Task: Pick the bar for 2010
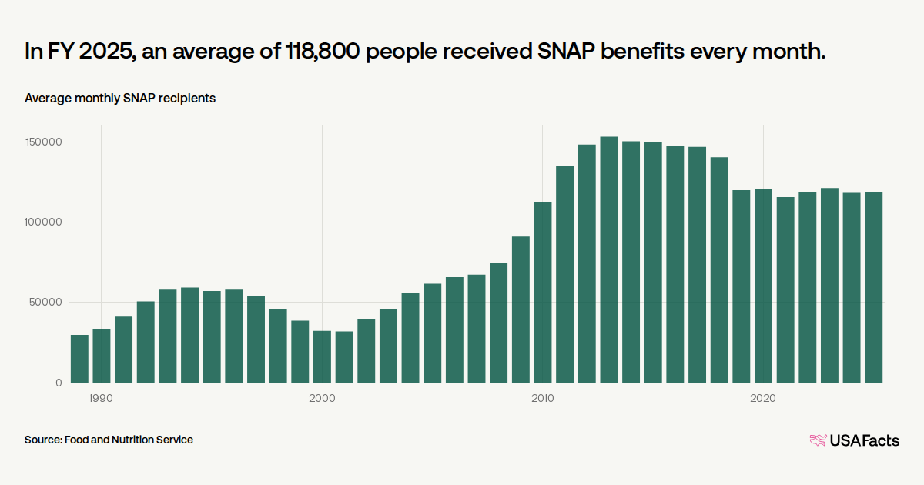pyautogui.click(x=543, y=292)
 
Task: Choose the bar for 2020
pyautogui.click(x=763, y=286)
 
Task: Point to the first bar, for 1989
pyautogui.click(x=79, y=359)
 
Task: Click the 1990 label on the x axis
pyautogui.click(x=101, y=398)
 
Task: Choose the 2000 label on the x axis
pyautogui.click(x=322, y=398)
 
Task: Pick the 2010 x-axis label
pyautogui.click(x=542, y=398)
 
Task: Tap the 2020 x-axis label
pyautogui.click(x=763, y=398)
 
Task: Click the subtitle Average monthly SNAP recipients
pyautogui.click(x=120, y=99)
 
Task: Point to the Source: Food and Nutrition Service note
pyautogui.click(x=109, y=440)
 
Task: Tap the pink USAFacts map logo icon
pyautogui.click(x=818, y=440)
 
